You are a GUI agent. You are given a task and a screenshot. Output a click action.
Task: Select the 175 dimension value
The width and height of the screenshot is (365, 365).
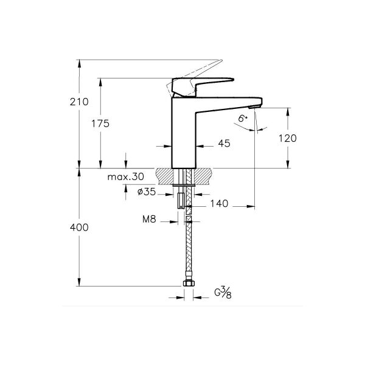[101, 123]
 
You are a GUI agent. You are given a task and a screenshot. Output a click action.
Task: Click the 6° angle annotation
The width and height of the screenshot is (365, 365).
[243, 119]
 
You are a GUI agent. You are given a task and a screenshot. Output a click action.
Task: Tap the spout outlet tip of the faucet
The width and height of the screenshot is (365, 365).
[257, 107]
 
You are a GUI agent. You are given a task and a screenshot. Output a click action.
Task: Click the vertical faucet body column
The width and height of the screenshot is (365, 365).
[184, 137]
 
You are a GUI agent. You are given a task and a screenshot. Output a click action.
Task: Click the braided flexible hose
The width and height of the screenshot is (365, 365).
[188, 249]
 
